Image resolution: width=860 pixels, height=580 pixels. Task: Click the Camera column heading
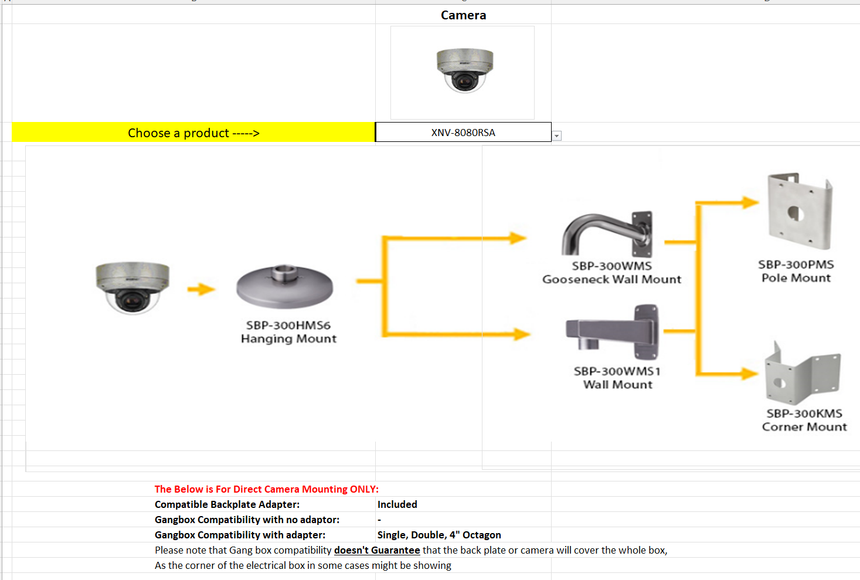(x=463, y=15)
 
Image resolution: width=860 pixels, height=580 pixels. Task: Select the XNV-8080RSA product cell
(x=463, y=133)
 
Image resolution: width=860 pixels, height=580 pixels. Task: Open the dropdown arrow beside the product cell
(x=557, y=136)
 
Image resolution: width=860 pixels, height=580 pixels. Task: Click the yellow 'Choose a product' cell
(x=193, y=133)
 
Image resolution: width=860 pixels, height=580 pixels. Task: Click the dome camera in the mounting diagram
(x=132, y=287)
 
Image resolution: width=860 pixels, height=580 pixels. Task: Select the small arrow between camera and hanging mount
(x=201, y=289)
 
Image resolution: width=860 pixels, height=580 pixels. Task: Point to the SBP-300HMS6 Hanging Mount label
(x=288, y=332)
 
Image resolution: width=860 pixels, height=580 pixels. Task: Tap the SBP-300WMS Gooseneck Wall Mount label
(x=611, y=273)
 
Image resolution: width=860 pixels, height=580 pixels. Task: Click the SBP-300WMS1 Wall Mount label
(x=617, y=378)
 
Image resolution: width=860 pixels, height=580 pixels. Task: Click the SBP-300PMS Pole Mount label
(x=796, y=271)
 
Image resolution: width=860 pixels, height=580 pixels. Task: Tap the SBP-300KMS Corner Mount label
(x=804, y=420)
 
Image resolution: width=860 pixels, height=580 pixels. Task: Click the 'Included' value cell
(x=397, y=504)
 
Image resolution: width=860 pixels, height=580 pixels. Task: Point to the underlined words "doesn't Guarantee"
(x=377, y=550)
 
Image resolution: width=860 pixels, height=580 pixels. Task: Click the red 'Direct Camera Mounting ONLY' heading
(x=267, y=489)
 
